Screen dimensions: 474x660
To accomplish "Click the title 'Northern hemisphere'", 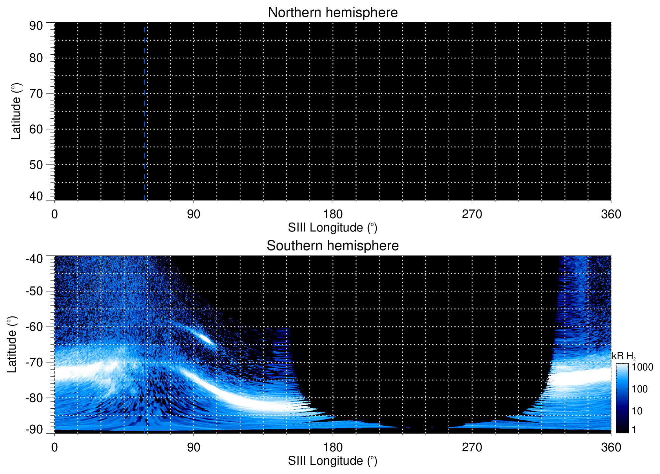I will [332, 13].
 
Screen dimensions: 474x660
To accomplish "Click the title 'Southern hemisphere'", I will [332, 246].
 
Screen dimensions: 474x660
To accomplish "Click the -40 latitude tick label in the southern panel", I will [34, 258].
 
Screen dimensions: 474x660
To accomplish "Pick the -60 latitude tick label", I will [34, 327].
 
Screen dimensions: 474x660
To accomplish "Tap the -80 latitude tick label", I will [34, 398].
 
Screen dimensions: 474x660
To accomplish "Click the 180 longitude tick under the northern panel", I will [333, 214].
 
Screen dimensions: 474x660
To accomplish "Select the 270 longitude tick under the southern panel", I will [472, 447].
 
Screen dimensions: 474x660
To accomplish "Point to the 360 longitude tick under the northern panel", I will [611, 214].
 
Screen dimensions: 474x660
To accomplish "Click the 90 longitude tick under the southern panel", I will [194, 447].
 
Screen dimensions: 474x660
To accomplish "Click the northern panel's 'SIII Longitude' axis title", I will [332, 228].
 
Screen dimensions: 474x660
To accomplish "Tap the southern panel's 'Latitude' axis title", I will [12, 345].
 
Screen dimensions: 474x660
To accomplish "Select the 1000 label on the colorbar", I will [642, 367].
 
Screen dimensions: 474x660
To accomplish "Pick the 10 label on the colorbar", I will [637, 411].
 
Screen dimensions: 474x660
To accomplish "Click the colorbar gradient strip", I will [622, 398].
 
